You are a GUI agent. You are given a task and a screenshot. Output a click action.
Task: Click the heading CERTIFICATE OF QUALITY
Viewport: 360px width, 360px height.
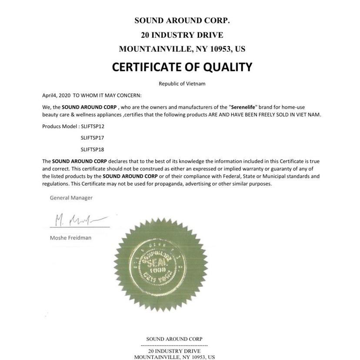click(x=182, y=67)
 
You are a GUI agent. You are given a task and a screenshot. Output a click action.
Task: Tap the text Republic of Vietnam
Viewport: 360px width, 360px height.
click(x=182, y=83)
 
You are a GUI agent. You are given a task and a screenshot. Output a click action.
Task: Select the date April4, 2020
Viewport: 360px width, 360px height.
click(x=56, y=95)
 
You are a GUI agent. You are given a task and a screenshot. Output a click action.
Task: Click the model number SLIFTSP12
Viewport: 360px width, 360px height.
click(x=93, y=126)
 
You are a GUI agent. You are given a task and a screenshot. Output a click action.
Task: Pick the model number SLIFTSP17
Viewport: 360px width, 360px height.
click(x=93, y=137)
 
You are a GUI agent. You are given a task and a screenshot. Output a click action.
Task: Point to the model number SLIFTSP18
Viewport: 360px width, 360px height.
click(x=93, y=149)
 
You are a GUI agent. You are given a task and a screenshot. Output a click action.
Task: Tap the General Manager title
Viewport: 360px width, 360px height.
click(x=71, y=198)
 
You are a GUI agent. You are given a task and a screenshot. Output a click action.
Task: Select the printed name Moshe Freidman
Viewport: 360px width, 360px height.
click(x=70, y=238)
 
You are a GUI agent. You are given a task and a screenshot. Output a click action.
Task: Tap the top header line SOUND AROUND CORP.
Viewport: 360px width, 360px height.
click(x=182, y=20)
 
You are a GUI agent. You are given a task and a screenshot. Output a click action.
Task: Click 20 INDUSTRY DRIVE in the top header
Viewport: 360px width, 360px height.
click(x=182, y=35)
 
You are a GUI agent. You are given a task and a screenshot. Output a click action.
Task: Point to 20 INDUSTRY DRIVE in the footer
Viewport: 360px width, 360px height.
click(x=174, y=351)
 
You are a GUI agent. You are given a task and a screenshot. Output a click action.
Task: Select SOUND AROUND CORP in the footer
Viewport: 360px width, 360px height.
click(x=174, y=339)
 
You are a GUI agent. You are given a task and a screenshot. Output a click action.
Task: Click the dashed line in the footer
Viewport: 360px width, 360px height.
click(x=174, y=345)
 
